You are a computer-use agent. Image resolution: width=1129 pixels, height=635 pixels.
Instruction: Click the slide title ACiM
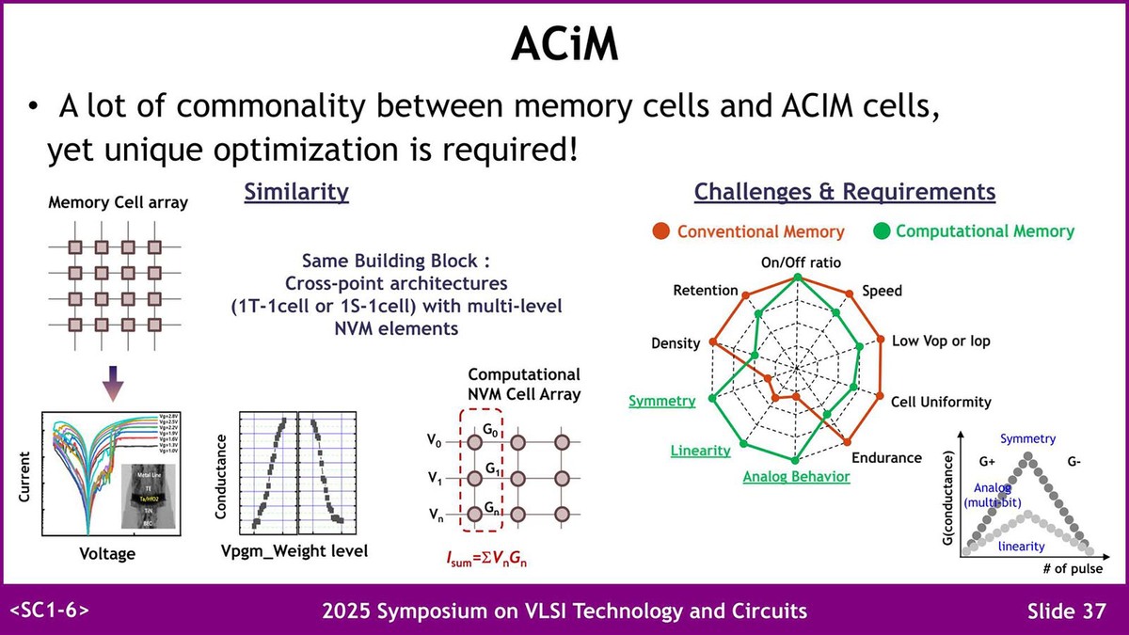(x=564, y=44)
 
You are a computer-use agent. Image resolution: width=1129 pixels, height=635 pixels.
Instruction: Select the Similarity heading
(x=296, y=193)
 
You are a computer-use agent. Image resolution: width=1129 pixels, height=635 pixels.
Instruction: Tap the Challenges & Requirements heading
(x=844, y=193)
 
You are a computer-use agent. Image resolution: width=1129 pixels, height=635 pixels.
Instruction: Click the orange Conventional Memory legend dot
(x=661, y=230)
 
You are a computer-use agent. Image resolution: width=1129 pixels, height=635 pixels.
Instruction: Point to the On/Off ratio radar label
(x=801, y=262)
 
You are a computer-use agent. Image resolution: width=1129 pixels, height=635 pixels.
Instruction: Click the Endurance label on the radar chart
(x=886, y=458)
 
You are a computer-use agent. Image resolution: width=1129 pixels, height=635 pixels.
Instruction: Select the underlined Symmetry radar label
(x=661, y=401)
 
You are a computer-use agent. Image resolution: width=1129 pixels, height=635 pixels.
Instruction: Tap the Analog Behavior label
(x=796, y=477)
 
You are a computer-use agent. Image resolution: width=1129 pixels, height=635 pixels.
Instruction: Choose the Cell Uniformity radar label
(x=941, y=402)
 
